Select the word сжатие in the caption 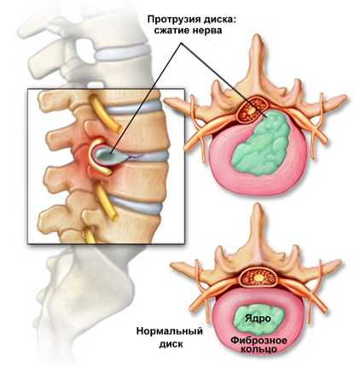[171, 31]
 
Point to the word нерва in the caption [206, 31]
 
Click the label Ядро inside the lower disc [258, 318]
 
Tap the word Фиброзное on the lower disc [258, 340]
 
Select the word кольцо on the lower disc [258, 348]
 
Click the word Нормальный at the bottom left [170, 332]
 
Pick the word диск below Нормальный [171, 344]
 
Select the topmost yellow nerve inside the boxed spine [104, 114]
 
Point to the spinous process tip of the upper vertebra [257, 37]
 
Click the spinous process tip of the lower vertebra [258, 206]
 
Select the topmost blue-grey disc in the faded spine [122, 51]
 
